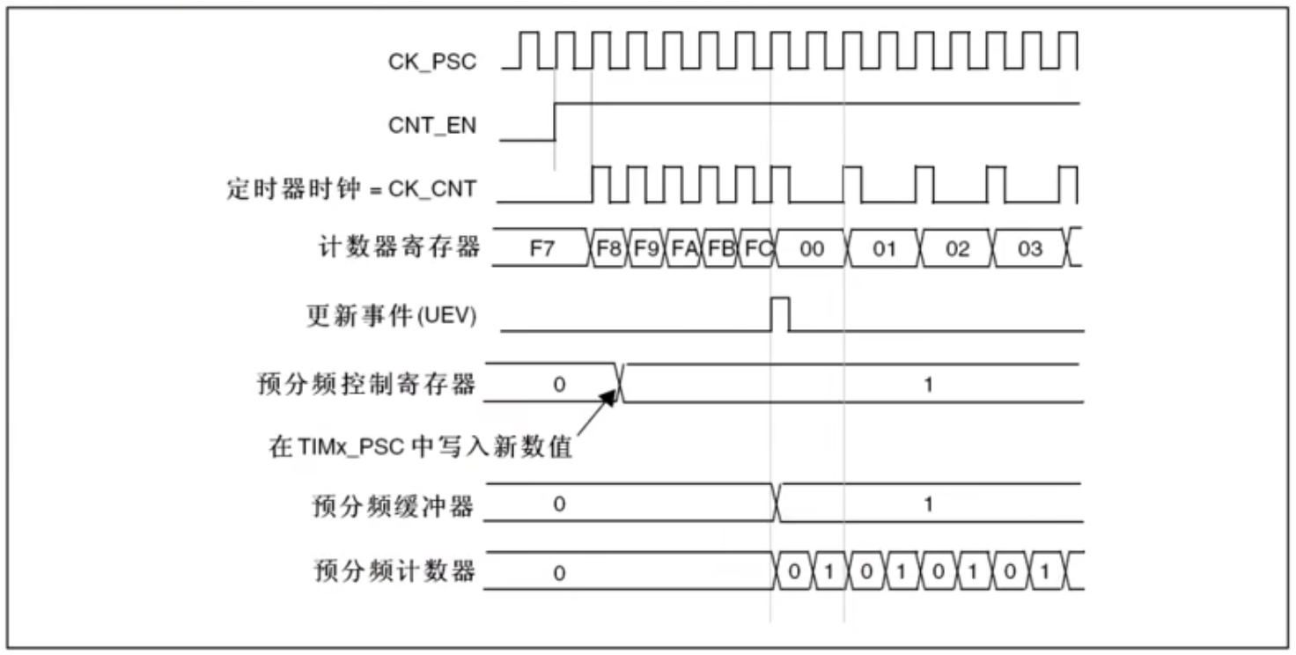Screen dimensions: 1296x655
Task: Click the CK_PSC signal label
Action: [432, 62]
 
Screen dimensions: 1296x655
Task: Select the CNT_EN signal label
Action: [432, 126]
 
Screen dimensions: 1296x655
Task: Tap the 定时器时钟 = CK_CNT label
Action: [351, 189]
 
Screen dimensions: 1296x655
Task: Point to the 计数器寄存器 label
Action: [399, 247]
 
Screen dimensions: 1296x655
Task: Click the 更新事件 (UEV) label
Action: [392, 316]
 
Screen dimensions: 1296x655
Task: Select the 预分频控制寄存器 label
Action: [367, 384]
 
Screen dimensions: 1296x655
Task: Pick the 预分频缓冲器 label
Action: [394, 506]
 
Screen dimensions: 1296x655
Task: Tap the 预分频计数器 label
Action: [394, 571]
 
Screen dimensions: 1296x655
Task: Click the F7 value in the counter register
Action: [542, 249]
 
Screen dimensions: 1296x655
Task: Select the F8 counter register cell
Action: [608, 248]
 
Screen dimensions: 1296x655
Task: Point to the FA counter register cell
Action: [683, 248]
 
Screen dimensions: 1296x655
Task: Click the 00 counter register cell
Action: [812, 248]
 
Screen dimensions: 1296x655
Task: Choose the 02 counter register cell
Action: [957, 248]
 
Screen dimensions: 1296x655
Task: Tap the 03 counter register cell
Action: [1030, 248]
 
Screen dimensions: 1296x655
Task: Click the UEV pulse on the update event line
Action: [780, 314]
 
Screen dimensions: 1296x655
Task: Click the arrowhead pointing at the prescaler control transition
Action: [608, 398]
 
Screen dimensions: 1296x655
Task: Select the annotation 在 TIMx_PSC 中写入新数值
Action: [421, 446]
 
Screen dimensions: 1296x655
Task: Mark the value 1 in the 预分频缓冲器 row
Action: [929, 504]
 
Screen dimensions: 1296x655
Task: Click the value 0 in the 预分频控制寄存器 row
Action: [559, 385]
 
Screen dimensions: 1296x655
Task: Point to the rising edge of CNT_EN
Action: [555, 122]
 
